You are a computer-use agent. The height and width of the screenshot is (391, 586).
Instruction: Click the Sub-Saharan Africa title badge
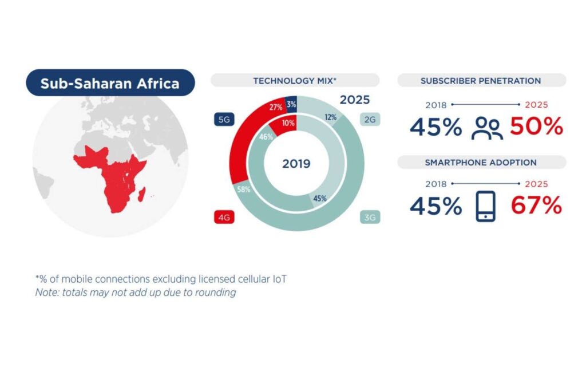[110, 82]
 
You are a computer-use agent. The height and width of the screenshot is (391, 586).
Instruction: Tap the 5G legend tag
[224, 119]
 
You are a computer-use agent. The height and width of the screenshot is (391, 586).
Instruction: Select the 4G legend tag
[224, 217]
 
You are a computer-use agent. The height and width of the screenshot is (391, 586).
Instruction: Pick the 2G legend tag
[370, 119]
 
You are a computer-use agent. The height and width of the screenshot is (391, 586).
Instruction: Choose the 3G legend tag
[370, 217]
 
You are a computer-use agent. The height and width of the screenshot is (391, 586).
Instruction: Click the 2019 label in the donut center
[296, 164]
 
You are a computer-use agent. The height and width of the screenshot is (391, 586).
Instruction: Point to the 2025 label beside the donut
[355, 100]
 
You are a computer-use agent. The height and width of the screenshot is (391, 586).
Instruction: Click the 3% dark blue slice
[291, 104]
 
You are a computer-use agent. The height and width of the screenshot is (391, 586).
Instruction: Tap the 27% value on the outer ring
[276, 107]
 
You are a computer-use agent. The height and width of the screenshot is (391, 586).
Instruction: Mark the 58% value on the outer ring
[244, 189]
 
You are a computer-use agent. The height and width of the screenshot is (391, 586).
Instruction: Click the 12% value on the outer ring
[331, 117]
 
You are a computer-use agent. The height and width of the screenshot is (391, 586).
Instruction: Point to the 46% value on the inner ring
[266, 137]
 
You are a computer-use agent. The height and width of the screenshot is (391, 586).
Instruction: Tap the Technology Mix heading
[295, 81]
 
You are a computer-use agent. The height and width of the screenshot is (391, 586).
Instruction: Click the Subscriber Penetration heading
[481, 81]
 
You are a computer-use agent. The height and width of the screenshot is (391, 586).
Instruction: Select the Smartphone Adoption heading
[481, 163]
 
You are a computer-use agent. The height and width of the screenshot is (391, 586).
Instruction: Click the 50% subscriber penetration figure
[536, 127]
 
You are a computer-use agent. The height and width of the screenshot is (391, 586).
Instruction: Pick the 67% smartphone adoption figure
[536, 205]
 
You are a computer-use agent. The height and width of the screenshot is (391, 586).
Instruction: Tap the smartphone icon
[485, 206]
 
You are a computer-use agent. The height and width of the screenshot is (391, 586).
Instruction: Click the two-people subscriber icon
[487, 128]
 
